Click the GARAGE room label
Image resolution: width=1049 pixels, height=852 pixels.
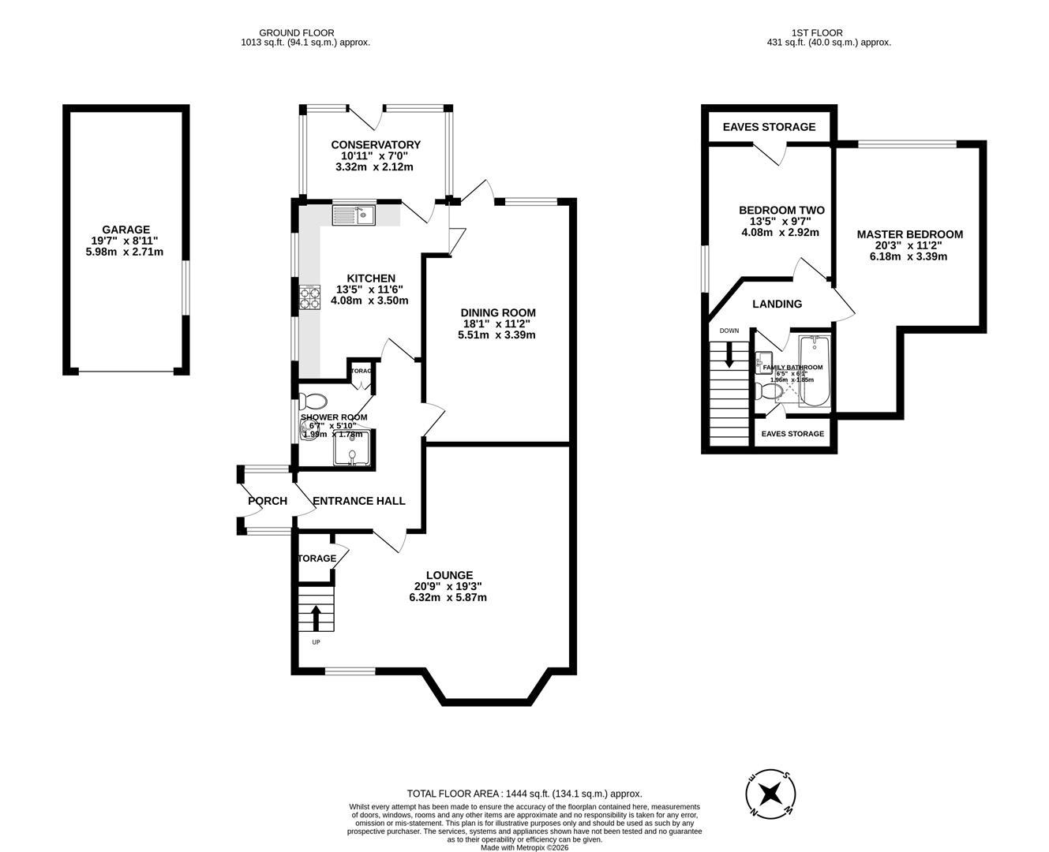[126, 230]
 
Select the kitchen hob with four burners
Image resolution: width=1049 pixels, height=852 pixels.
[310, 297]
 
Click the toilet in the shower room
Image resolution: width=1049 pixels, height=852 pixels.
[314, 400]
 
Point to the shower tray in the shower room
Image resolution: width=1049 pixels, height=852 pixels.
[351, 448]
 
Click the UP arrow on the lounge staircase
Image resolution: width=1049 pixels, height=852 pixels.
[317, 618]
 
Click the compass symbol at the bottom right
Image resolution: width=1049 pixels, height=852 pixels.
[769, 794]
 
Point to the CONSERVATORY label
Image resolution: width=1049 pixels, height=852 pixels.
[376, 144]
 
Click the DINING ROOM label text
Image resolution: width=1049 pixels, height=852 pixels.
[498, 312]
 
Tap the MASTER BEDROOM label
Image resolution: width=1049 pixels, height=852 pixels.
[910, 234]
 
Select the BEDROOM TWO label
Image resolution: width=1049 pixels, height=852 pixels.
[781, 210]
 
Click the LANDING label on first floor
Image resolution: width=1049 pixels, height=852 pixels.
[777, 304]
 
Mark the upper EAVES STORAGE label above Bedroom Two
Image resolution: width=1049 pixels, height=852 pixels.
[769, 127]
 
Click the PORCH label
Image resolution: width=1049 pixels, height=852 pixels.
[268, 501]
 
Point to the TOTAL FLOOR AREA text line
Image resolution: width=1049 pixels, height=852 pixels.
[524, 794]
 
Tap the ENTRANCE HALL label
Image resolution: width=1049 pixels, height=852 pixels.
[359, 501]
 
